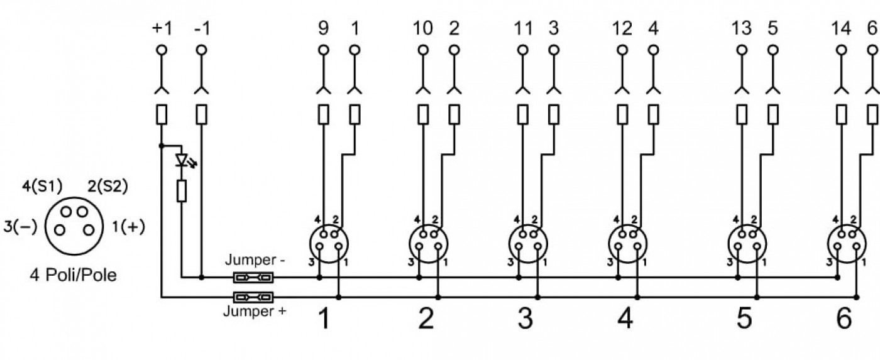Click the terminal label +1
(x=162, y=29)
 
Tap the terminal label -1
(x=202, y=29)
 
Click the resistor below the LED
(x=182, y=191)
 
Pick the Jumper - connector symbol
(x=253, y=278)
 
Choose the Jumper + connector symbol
(x=253, y=298)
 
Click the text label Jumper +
(x=255, y=312)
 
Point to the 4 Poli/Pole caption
(x=74, y=275)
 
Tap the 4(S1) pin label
(x=42, y=186)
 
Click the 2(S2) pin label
(x=107, y=186)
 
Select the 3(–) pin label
(x=20, y=227)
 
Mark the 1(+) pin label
(x=128, y=227)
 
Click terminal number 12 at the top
(x=622, y=29)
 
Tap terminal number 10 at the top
(x=422, y=29)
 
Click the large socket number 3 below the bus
(x=525, y=318)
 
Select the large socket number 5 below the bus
(x=744, y=318)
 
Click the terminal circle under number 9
(x=323, y=50)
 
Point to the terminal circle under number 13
(x=742, y=50)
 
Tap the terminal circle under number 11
(x=522, y=50)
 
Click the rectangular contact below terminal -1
(x=202, y=114)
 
